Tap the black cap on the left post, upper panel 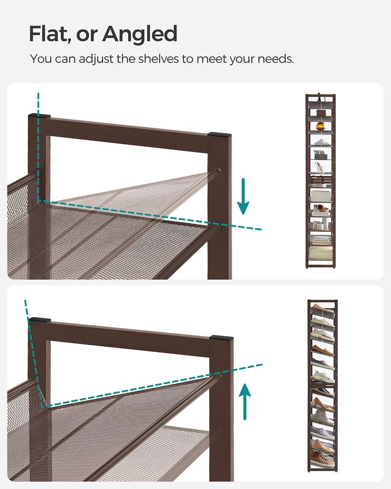pyautogui.click(x=39, y=117)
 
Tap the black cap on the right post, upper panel pyautogui.click(x=217, y=133)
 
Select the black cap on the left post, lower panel pyautogui.click(x=39, y=321)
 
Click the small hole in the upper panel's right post pyautogui.click(x=218, y=171)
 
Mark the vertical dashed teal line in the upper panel pyautogui.click(x=38, y=147)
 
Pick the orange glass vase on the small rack pyautogui.click(x=321, y=127)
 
